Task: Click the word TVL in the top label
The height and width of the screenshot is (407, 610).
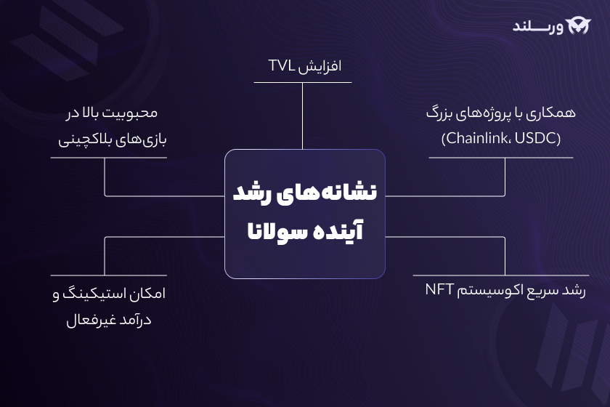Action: (x=280, y=66)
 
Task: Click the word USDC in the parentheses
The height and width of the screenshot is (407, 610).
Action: (x=538, y=137)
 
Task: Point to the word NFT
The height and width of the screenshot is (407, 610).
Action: (x=440, y=289)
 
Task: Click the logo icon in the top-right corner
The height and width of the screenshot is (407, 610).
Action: (x=578, y=25)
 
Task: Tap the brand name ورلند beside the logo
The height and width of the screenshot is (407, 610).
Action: (x=537, y=26)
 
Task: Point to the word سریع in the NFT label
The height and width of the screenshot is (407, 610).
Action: (x=542, y=289)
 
